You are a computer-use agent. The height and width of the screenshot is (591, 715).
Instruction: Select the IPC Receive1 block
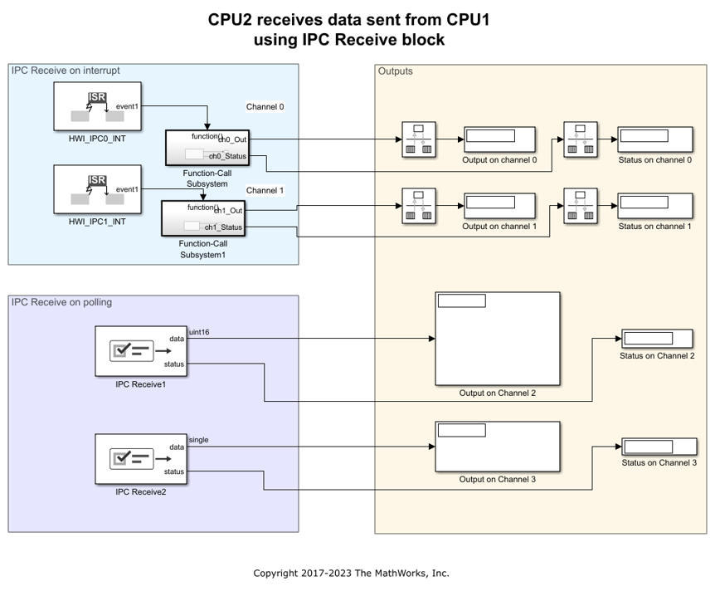[x=140, y=351]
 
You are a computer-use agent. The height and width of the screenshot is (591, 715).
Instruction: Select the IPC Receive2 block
[x=140, y=459]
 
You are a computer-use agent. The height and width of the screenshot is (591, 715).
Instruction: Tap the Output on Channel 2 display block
[x=497, y=339]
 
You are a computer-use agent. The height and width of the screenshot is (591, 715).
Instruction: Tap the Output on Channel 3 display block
[x=497, y=447]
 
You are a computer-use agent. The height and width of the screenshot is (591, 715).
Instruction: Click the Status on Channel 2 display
[x=657, y=339]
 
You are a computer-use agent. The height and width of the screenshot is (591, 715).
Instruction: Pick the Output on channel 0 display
[x=499, y=139]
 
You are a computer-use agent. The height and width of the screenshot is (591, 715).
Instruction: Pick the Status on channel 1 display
[x=654, y=207]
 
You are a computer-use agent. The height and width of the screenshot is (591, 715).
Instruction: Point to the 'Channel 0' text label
[x=265, y=107]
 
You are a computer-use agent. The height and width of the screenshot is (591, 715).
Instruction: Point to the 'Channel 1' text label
[x=265, y=190]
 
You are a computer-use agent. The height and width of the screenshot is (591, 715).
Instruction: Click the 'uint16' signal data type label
[x=199, y=332]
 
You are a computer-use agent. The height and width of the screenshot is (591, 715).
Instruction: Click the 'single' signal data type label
[x=199, y=440]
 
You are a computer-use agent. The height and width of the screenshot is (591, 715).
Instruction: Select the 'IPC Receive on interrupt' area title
[x=66, y=71]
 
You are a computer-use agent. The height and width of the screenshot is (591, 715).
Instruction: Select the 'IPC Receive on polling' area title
[x=61, y=302]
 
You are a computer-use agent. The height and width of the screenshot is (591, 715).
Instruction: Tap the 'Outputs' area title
[x=395, y=71]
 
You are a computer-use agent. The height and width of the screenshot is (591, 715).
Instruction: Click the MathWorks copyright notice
[x=351, y=573]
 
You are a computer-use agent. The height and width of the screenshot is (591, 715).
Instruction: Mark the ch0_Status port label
[x=227, y=155]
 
